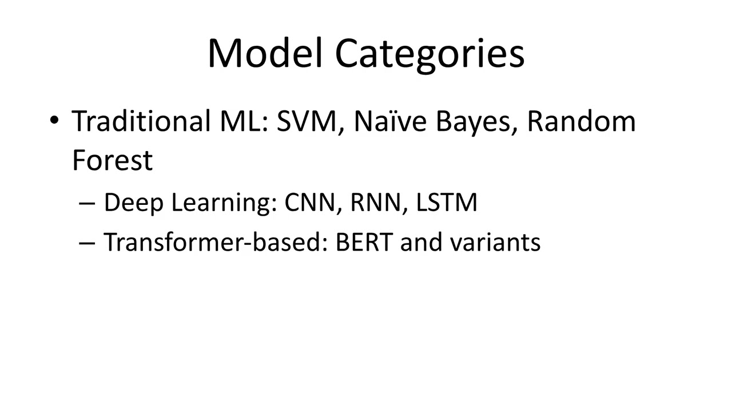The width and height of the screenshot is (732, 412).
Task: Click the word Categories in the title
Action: point(429,54)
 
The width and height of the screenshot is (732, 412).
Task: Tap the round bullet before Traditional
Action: point(54,121)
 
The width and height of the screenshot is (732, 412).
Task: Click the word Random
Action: point(581,121)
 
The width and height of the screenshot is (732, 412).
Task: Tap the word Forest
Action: point(113,160)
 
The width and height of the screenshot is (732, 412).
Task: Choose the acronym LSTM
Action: point(447,203)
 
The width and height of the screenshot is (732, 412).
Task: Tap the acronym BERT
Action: point(364,242)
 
